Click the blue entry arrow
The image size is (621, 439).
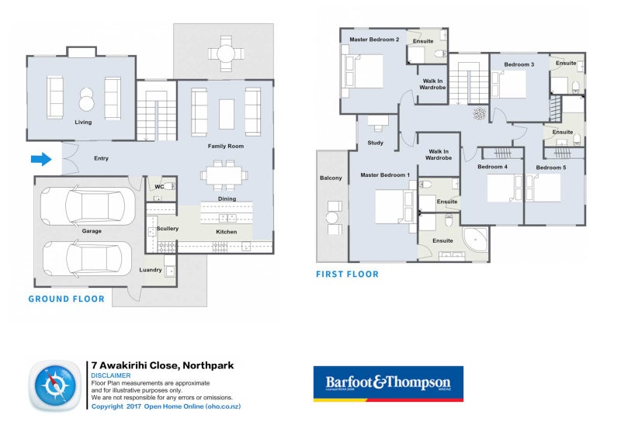(40, 160)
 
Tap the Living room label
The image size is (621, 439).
(83, 123)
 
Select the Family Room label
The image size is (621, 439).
(225, 146)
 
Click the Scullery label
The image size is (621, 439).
(167, 229)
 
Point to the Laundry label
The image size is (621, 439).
(151, 270)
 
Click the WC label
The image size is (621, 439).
(158, 187)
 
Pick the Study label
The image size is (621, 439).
(376, 143)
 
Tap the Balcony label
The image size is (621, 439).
(331, 178)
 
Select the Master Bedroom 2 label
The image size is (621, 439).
(374, 40)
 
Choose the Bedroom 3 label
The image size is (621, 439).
(519, 64)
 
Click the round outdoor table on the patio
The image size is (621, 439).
(224, 54)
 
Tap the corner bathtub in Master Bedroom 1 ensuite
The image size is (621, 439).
(475, 240)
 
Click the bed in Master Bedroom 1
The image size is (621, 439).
(390, 208)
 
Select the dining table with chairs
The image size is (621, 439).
(223, 175)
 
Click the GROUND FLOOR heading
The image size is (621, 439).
(66, 299)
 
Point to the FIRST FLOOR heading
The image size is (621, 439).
(347, 274)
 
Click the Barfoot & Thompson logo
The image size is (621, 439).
(387, 384)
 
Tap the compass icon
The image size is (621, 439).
(56, 385)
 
